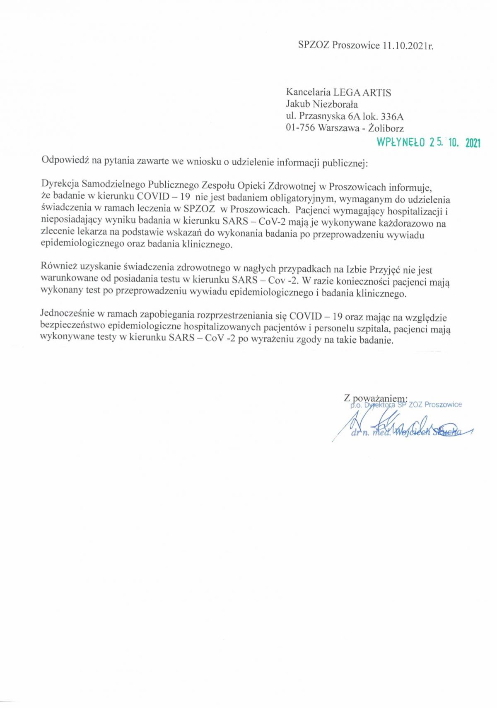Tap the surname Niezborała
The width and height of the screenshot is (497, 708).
coord(335,104)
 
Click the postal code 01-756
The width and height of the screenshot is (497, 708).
coord(300,128)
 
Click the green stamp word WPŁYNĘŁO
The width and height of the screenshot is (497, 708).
coord(400,143)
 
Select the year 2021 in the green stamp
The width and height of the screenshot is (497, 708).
coord(473,143)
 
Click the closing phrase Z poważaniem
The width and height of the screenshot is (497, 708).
coord(375,398)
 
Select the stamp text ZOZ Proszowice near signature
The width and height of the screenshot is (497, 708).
coord(435,404)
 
